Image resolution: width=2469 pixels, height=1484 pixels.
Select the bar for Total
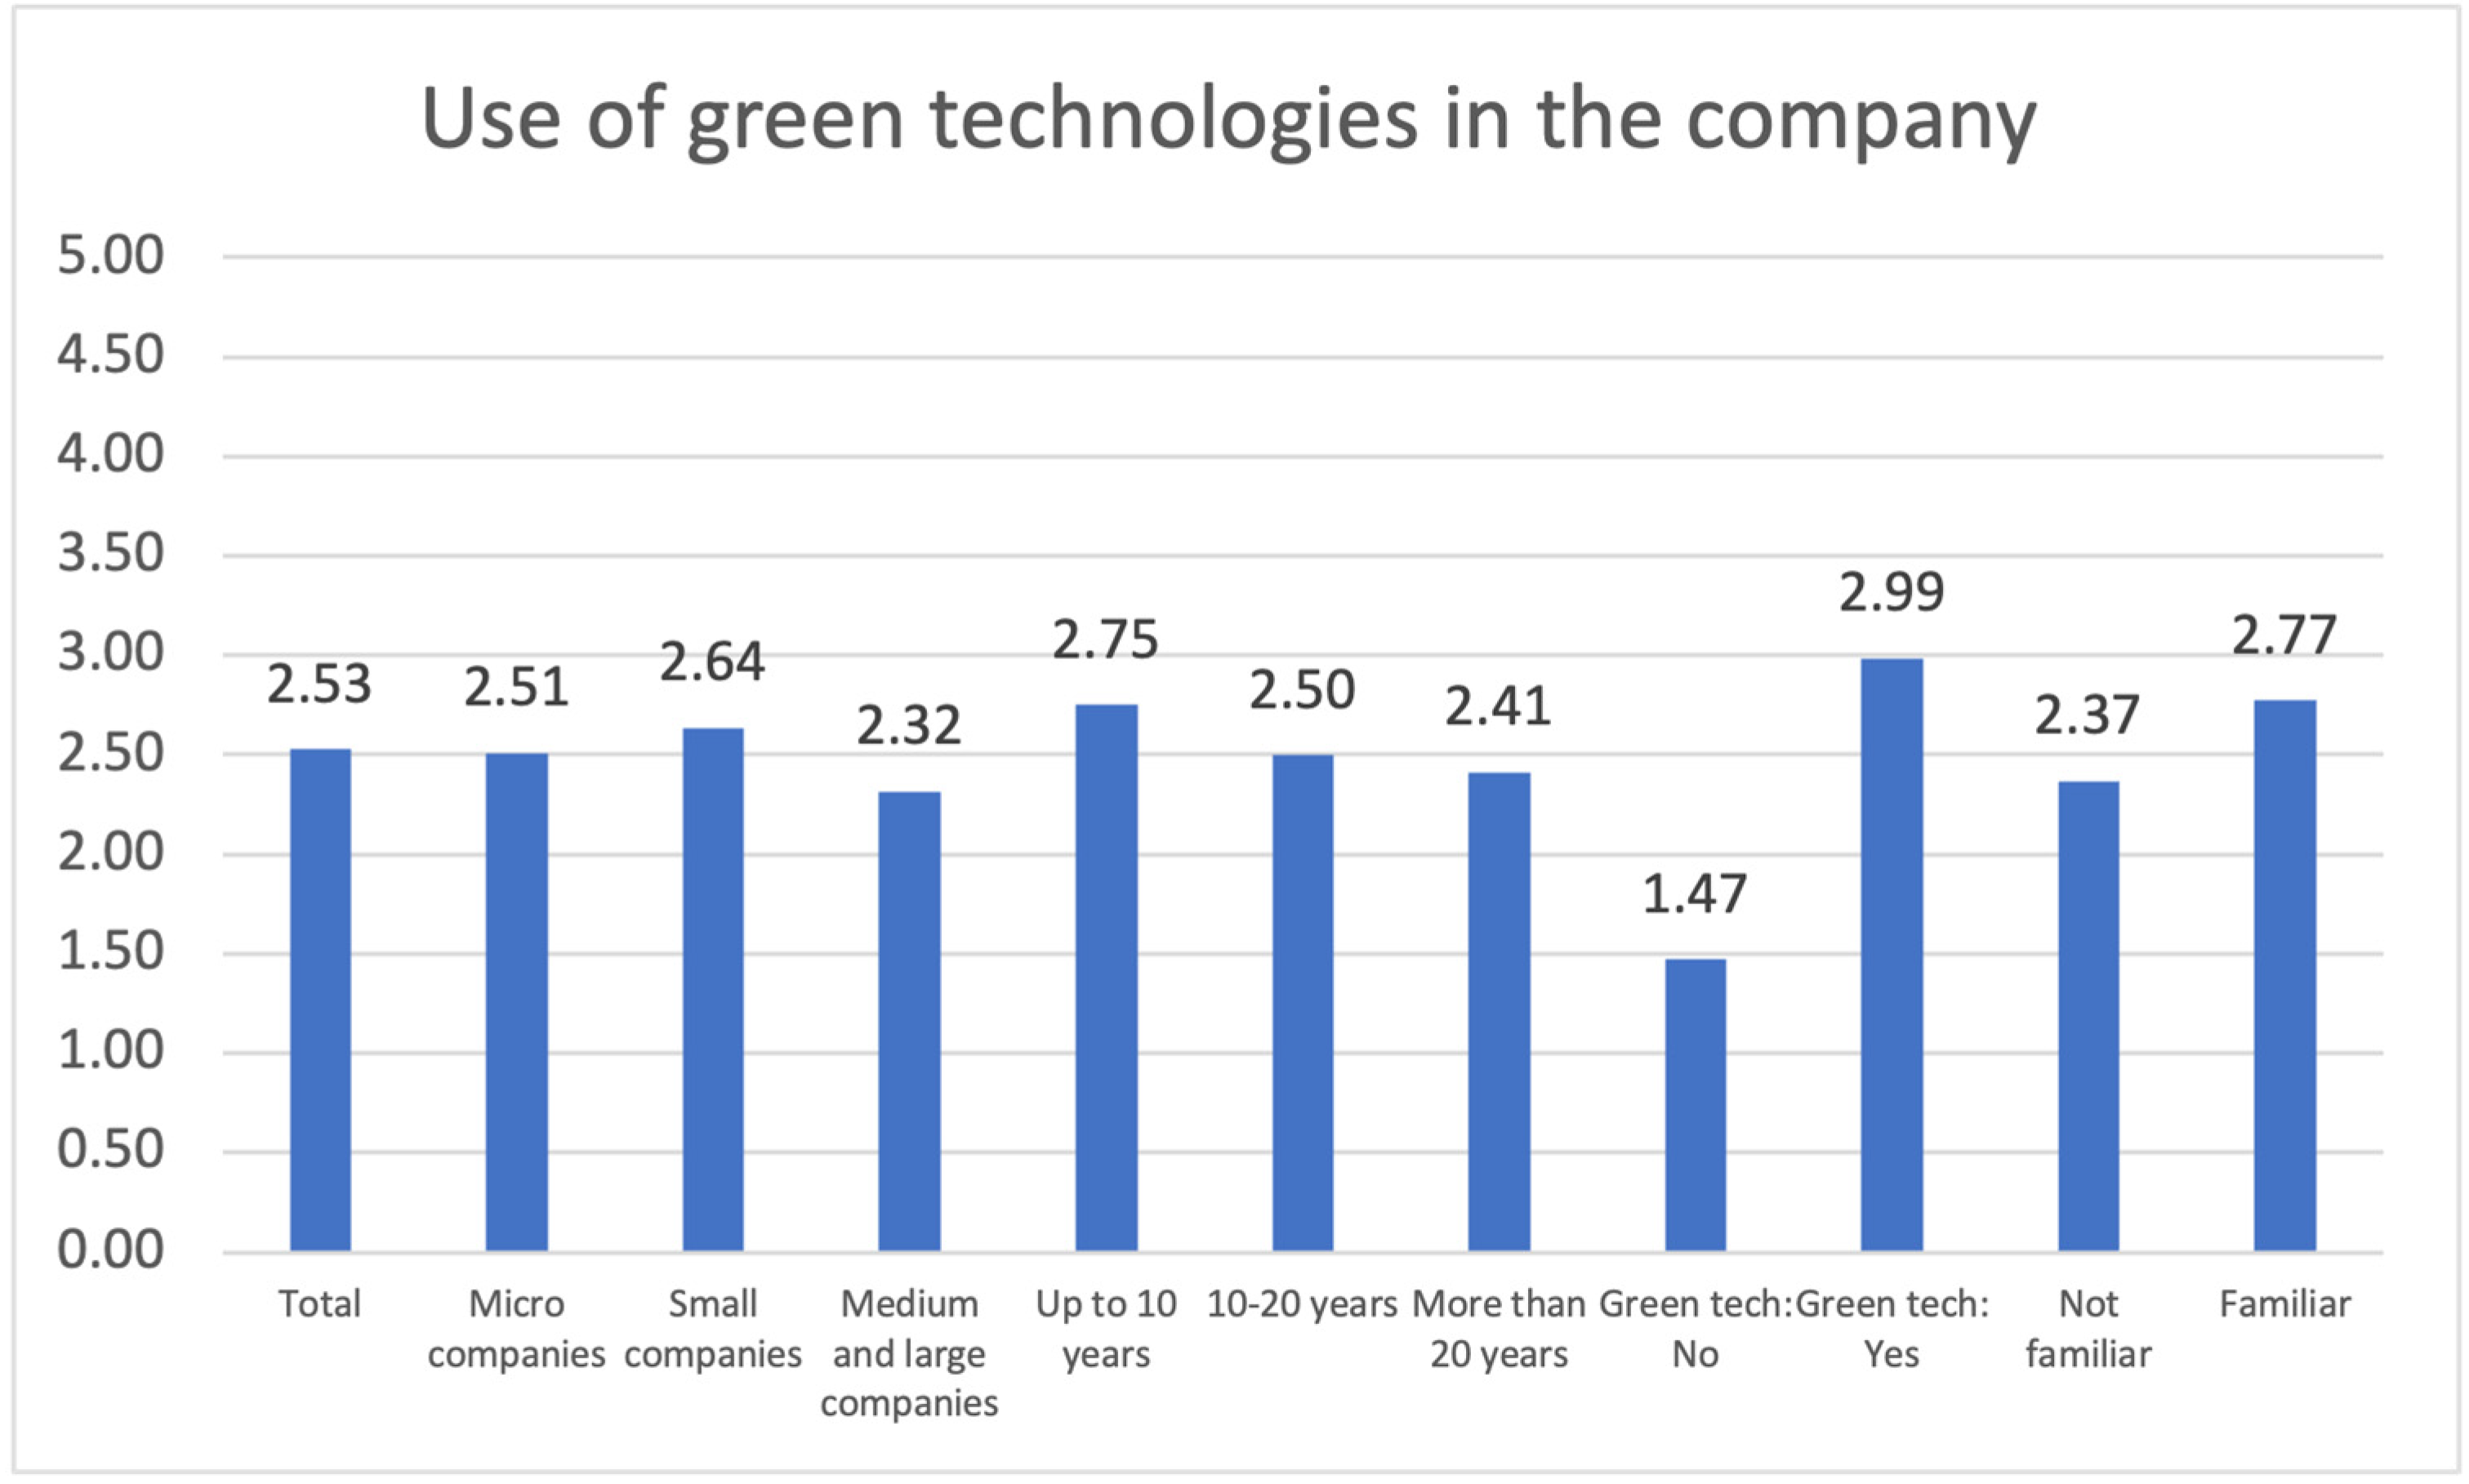320,1000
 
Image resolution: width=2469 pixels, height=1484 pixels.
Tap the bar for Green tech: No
1695,1105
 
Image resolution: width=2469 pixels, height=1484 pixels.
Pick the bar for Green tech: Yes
1891,955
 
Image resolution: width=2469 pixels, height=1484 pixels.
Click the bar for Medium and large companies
909,1020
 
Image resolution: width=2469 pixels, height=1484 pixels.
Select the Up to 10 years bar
1106,978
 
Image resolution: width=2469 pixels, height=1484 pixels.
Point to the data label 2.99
1891,592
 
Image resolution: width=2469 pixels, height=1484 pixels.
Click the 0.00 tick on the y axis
110,1250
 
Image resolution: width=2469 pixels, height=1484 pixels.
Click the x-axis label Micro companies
516,1329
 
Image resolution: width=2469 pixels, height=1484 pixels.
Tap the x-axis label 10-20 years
1302,1305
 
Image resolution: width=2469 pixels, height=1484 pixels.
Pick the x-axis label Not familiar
2088,1329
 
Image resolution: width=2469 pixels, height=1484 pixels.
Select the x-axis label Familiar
2285,1305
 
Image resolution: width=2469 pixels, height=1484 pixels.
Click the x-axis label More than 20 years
1498,1329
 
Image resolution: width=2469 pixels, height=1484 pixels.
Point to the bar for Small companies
712,990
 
